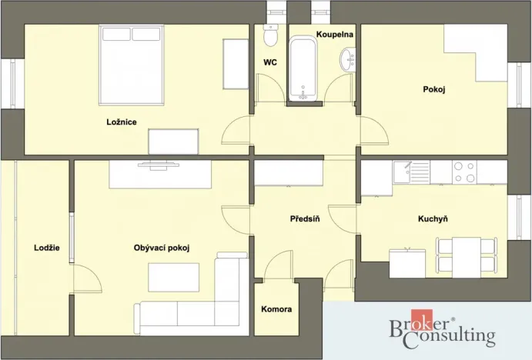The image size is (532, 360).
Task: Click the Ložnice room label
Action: (x=122, y=122)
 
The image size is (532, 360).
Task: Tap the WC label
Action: (x=270, y=63)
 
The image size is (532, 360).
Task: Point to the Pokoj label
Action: (x=434, y=89)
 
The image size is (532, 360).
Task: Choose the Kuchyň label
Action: (x=433, y=218)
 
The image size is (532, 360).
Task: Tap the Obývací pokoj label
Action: (x=162, y=247)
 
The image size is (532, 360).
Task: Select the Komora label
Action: (x=276, y=309)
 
